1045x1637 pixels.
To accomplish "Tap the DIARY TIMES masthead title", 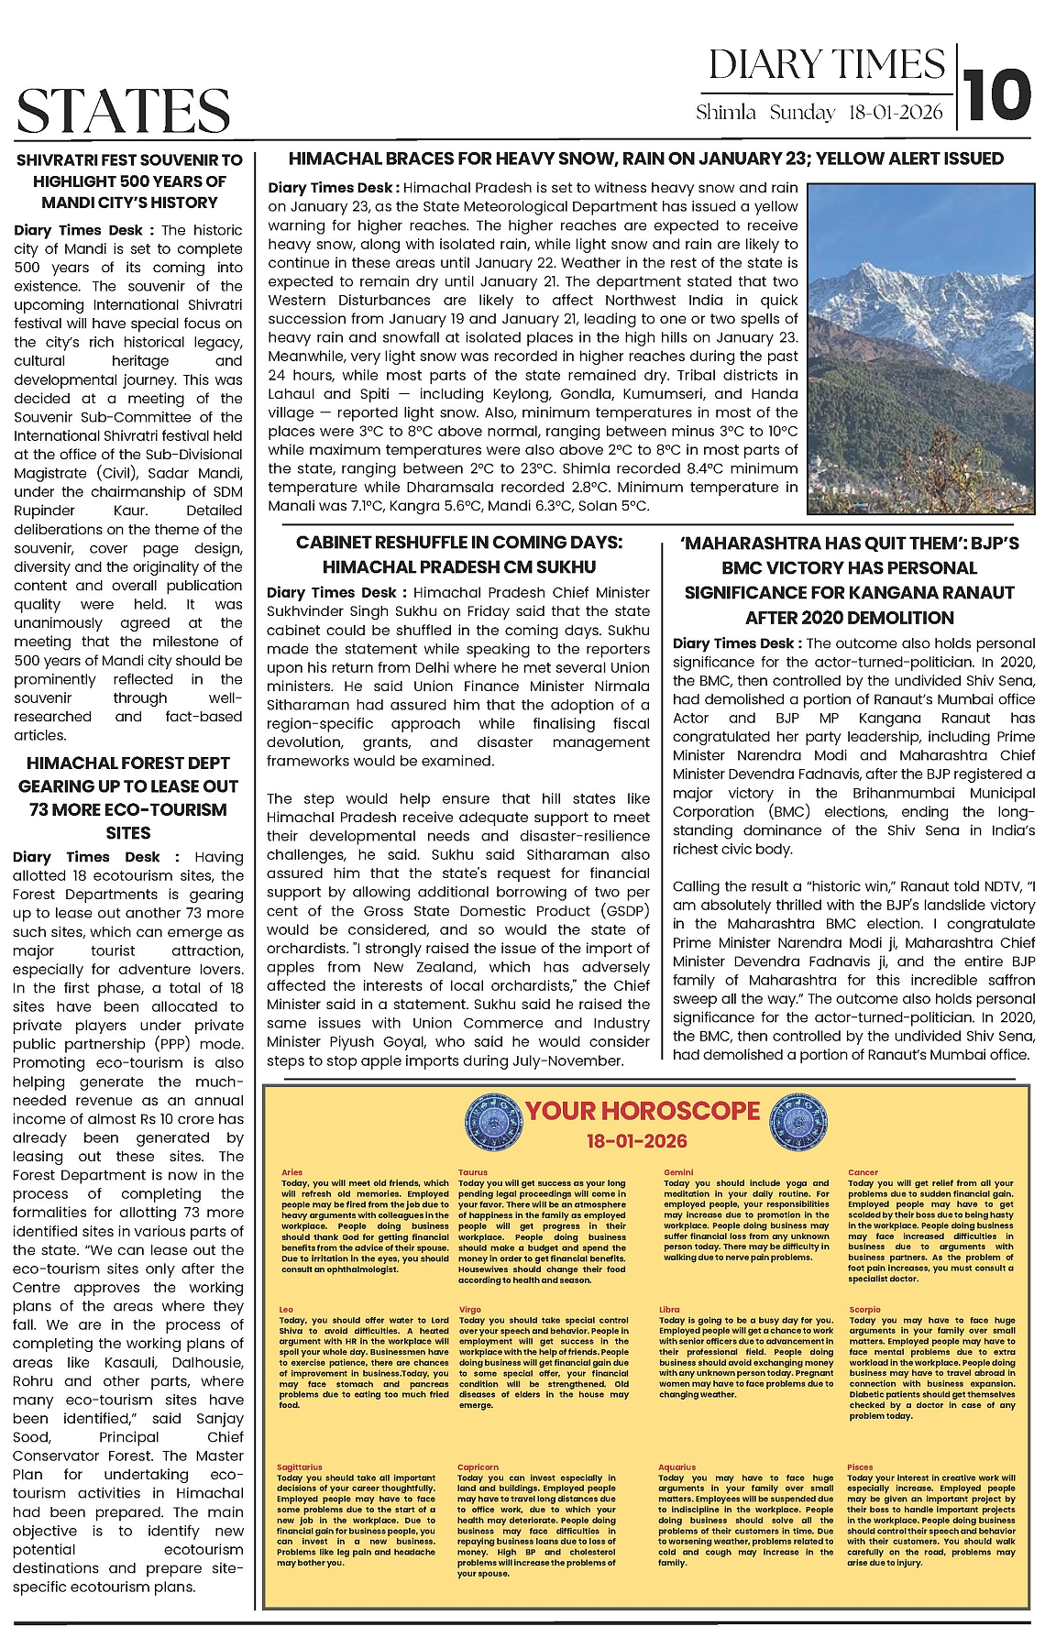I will click(x=826, y=65).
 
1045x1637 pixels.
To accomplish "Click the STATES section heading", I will click(x=123, y=111).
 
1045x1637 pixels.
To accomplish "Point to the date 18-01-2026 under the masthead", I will click(x=896, y=113).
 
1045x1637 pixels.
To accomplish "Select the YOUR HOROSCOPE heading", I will click(x=643, y=1111).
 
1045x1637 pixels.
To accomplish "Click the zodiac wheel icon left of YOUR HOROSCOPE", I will click(x=494, y=1120).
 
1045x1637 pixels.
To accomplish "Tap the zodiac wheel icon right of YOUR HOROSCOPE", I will click(x=795, y=1120).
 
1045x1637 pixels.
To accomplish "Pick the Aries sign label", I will click(x=291, y=1172).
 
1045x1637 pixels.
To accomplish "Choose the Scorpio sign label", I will click(x=864, y=1310).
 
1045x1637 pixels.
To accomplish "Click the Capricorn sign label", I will click(x=478, y=1467).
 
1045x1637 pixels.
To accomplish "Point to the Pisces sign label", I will click(x=860, y=1467).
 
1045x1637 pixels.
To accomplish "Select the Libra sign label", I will click(x=669, y=1310).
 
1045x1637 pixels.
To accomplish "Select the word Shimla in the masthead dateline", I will click(x=726, y=113).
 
